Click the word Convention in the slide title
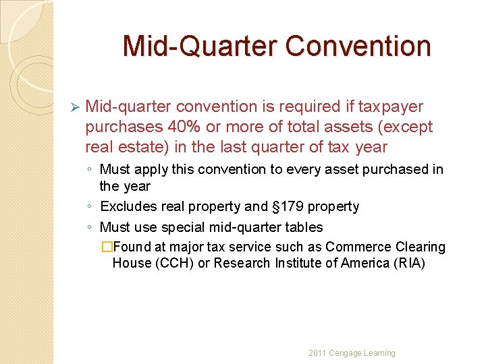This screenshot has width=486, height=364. [358, 46]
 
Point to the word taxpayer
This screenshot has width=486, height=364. [391, 107]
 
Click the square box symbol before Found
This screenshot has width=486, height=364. [106, 247]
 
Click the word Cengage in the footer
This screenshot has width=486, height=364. [345, 353]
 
